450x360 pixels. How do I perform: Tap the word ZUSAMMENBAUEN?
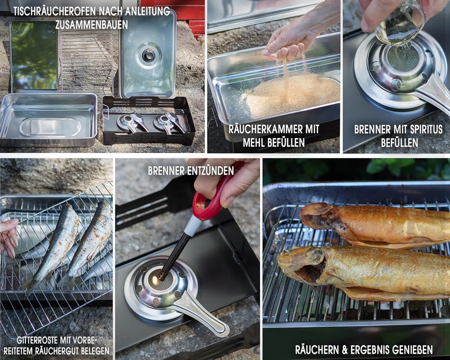(91, 25)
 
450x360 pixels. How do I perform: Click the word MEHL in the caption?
(255, 142)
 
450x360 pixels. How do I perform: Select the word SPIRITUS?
(422, 130)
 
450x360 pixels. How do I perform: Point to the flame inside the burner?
(156, 280)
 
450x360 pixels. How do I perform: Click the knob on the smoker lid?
(148, 55)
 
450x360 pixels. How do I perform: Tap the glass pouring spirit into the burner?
(398, 25)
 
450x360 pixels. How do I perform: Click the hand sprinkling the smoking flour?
(287, 44)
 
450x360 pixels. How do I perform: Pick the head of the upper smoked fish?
(319, 217)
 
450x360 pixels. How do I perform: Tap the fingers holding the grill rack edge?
(8, 237)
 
